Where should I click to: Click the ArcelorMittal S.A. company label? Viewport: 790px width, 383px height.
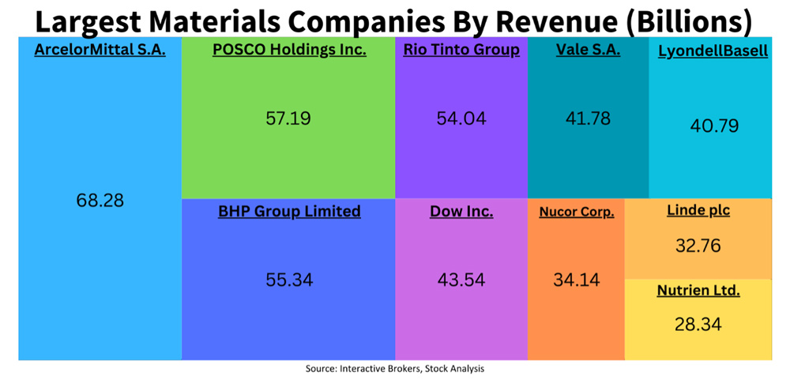click(x=100, y=51)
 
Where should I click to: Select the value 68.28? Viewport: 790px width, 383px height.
click(x=100, y=201)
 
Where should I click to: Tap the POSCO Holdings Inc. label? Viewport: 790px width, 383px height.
click(x=289, y=51)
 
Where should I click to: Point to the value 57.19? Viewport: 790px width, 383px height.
click(x=288, y=119)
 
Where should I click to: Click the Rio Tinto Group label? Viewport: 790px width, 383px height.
click(x=461, y=51)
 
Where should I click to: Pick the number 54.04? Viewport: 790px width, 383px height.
click(x=461, y=119)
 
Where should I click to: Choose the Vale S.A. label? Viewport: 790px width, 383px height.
click(x=588, y=51)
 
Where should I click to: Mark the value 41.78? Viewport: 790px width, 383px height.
click(x=588, y=118)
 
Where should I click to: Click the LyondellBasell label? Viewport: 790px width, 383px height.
click(x=713, y=51)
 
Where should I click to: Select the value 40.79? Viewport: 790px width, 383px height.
click(x=713, y=126)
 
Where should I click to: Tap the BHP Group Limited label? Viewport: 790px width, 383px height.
click(x=289, y=212)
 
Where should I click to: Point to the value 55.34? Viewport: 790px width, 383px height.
click(x=288, y=280)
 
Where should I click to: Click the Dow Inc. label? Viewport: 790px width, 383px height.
click(x=461, y=212)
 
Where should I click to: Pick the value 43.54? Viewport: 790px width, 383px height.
click(x=461, y=280)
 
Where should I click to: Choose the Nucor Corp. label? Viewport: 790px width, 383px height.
click(x=577, y=212)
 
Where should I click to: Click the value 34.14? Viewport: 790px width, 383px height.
click(x=577, y=279)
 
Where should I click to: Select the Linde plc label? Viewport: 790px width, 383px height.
click(x=698, y=211)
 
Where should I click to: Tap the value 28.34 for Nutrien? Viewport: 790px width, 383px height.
click(x=698, y=324)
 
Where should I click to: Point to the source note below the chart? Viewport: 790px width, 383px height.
click(x=395, y=369)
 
